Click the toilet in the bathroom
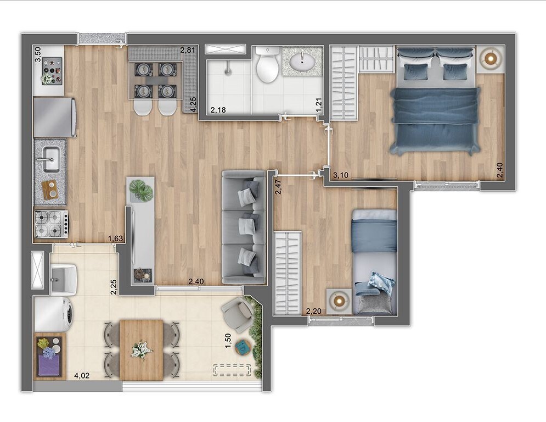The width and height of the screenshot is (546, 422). tap(268, 66)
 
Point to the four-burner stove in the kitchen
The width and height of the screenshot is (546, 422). tap(51, 224)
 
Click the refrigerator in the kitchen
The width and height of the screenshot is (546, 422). tap(54, 117)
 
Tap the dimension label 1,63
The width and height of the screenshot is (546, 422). tap(115, 238)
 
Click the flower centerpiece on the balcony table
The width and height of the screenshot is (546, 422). tap(142, 349)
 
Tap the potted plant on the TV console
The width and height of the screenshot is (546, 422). tap(141, 190)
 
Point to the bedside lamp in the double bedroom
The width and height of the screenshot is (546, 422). tap(489, 58)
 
